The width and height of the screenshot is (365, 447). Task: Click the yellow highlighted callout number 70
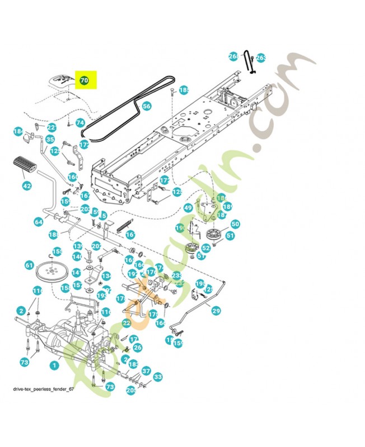point(84,80)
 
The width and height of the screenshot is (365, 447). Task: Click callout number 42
point(27,186)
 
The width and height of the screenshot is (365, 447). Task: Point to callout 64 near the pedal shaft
point(39,222)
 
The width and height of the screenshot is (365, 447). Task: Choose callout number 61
point(29,266)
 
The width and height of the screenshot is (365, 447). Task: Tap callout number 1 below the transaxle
point(54,365)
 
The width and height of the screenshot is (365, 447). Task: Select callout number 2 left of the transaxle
point(21,310)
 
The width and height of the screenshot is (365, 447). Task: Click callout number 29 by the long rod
point(216,310)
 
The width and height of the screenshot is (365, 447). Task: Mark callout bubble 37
point(146,370)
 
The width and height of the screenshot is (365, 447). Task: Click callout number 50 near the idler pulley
point(235,224)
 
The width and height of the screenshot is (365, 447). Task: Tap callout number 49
point(188,208)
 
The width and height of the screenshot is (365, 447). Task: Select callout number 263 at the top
point(261,58)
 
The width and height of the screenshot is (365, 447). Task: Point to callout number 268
point(233,56)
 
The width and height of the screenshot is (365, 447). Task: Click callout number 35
point(50,140)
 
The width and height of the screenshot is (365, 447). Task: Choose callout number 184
point(18,132)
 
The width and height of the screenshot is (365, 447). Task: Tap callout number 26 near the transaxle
point(137,348)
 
